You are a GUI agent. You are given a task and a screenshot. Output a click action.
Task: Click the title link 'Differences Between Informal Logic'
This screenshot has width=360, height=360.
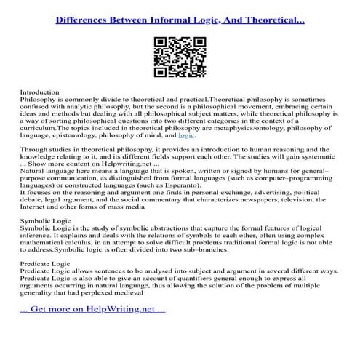[180, 15]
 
